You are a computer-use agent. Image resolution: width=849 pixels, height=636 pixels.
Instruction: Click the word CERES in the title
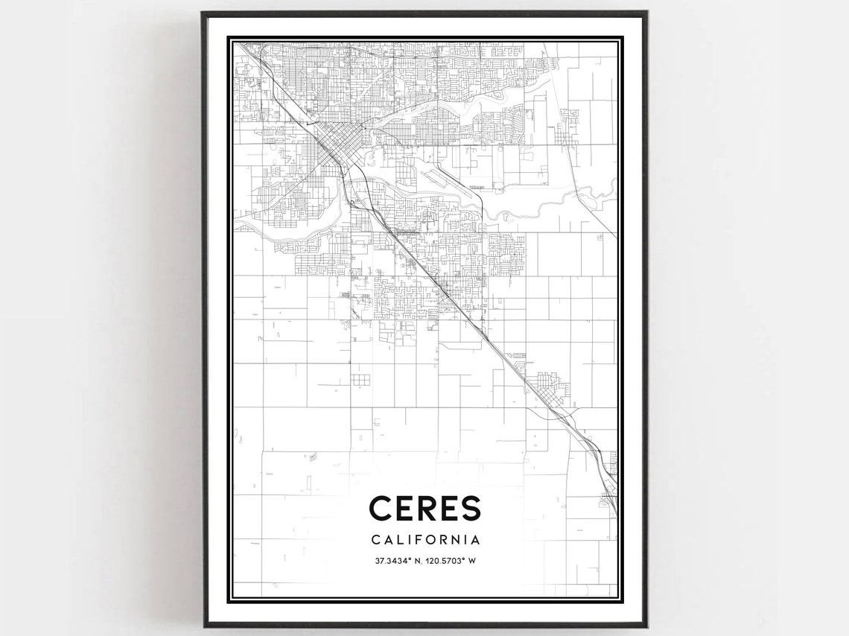424,509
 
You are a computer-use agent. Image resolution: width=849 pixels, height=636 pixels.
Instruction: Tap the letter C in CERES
381,509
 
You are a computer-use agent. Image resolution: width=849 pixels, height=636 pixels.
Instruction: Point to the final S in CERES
469,509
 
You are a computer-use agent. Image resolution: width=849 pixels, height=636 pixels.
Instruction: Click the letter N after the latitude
420,559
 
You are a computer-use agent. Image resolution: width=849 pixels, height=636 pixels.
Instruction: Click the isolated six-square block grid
360,381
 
